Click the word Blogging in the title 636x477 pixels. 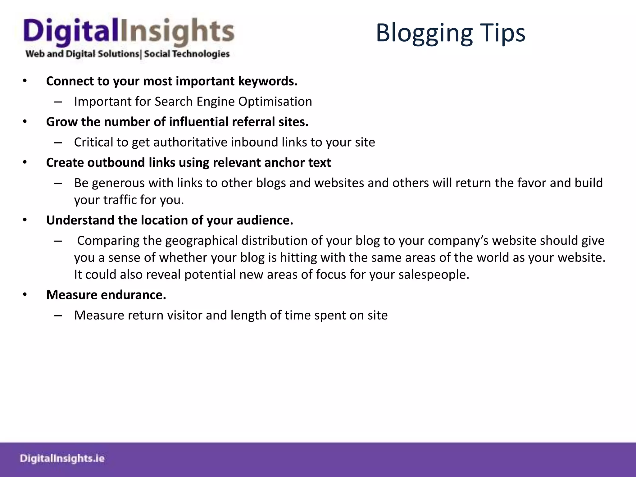pos(424,34)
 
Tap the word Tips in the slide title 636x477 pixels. pos(503,34)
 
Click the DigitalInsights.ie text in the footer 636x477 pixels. pos(62,458)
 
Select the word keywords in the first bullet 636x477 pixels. pos(267,81)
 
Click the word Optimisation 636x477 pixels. pos(275,102)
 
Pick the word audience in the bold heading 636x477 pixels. pos(265,220)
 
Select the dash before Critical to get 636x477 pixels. pos(58,143)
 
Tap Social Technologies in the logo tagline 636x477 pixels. pos(187,54)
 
